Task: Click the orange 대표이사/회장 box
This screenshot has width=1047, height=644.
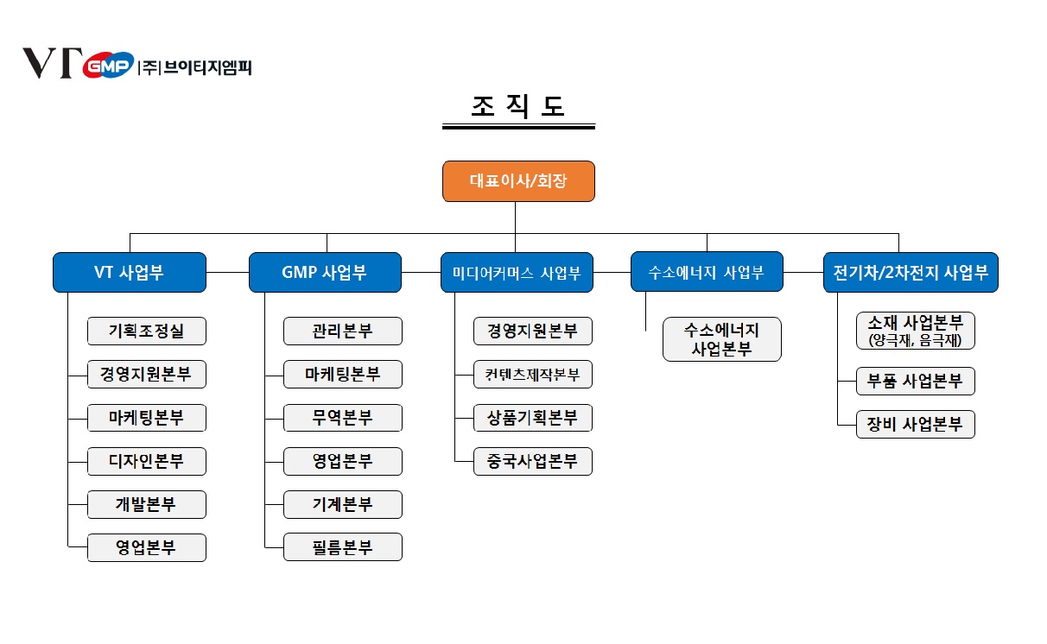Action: (x=518, y=181)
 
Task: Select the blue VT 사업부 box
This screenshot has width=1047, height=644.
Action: (x=129, y=273)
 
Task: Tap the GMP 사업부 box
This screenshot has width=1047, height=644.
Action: (x=325, y=273)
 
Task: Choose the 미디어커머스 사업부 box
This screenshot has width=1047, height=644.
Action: (x=516, y=273)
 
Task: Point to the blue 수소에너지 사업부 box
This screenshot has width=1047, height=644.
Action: (x=707, y=273)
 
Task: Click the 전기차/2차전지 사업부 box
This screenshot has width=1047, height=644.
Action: (x=898, y=273)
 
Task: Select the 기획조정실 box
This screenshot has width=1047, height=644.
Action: (x=147, y=331)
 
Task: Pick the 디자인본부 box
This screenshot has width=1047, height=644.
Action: (x=147, y=461)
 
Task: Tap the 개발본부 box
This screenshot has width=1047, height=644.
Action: (x=147, y=504)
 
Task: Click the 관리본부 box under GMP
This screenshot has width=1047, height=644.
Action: (x=343, y=331)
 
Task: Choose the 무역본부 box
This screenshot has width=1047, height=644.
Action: (x=343, y=418)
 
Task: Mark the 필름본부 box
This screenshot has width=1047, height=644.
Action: (x=343, y=547)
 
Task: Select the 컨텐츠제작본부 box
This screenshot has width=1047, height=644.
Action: (x=533, y=375)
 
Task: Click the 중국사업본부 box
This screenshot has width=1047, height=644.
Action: (x=533, y=461)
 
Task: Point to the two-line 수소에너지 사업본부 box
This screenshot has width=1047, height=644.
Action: (x=722, y=339)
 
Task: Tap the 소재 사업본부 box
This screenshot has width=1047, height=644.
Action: (x=916, y=331)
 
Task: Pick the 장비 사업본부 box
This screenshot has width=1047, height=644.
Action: (x=916, y=424)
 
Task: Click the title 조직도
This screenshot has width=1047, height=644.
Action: (x=518, y=105)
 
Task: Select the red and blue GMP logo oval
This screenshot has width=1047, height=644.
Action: (x=109, y=66)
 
